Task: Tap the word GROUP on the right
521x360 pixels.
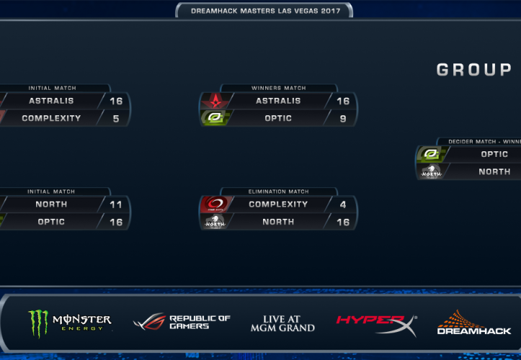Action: point(474,70)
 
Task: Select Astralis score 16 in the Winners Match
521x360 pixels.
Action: point(342,101)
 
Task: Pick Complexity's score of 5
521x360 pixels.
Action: point(116,118)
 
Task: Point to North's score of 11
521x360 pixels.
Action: point(116,204)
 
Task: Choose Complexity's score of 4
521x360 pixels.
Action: point(342,204)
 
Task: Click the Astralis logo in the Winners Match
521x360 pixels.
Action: point(214,101)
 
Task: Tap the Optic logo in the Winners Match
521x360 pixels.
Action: point(214,118)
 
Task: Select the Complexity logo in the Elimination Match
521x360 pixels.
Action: point(214,204)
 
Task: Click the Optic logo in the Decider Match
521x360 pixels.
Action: point(431,154)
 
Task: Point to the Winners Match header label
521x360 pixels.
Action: point(278,89)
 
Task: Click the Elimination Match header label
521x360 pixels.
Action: point(278,192)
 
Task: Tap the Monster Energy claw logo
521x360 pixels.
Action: point(38,323)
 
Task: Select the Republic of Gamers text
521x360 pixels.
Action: point(199,322)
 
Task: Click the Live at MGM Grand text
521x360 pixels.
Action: point(282,323)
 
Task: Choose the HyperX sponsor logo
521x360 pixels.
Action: point(375,322)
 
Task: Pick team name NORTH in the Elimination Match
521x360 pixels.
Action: point(278,222)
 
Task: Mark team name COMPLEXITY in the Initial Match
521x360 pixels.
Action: point(51,118)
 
